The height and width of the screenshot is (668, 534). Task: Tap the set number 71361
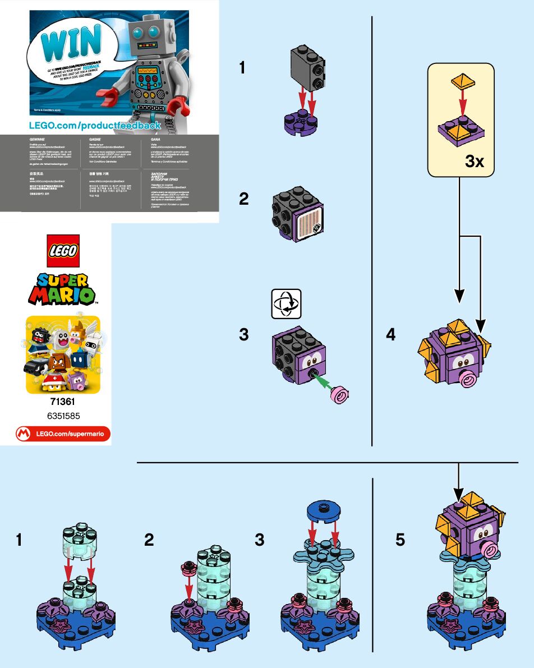coord(62,402)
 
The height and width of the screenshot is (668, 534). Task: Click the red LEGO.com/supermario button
coord(62,434)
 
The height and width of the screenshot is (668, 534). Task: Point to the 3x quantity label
coord(475,162)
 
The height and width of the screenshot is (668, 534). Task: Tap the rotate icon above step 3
coord(286,303)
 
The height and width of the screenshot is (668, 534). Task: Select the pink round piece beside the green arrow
coord(340,394)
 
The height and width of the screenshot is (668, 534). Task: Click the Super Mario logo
coord(62,288)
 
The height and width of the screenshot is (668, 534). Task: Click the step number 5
coord(400,540)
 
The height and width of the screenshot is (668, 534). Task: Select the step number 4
coord(391,335)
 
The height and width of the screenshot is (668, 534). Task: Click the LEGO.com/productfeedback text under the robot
coord(95,125)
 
